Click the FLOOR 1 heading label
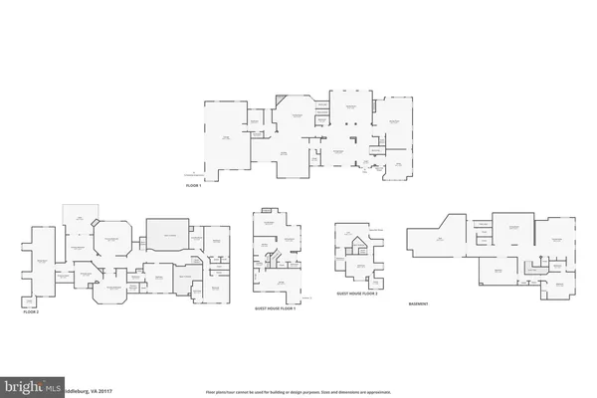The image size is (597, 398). pos(193,186)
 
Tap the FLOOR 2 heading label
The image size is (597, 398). pos(32,311)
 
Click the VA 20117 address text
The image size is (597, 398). pos(82,384)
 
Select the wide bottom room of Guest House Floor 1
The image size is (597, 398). pos(281,286)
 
